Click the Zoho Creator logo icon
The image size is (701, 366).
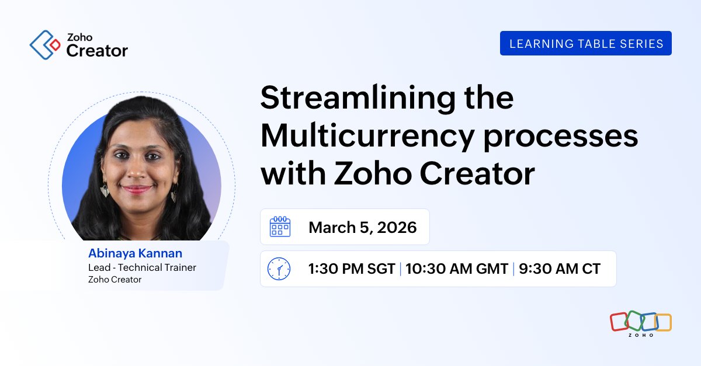click(x=45, y=45)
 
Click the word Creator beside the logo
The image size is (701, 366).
click(x=96, y=51)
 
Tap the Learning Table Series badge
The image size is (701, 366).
click(x=586, y=43)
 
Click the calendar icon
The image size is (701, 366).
click(x=280, y=226)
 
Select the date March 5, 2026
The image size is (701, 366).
click(x=362, y=227)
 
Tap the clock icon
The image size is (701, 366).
click(x=279, y=269)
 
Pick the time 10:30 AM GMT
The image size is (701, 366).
click(x=456, y=269)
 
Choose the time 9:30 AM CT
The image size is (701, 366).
click(x=559, y=269)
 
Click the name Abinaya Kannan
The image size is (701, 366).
click(x=135, y=253)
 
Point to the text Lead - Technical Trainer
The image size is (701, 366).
click(x=142, y=267)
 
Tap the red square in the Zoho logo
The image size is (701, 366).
click(x=618, y=321)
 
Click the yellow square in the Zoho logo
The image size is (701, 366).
click(x=663, y=322)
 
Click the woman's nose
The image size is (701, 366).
click(x=138, y=172)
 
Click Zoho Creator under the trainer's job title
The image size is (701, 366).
click(x=114, y=280)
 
